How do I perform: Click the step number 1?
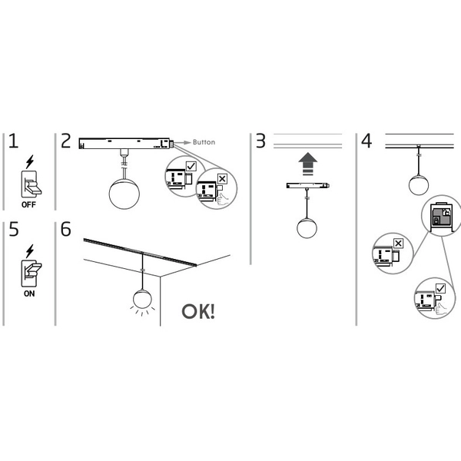tap(13, 142)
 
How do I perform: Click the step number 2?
tap(66, 142)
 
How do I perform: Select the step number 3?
tap(261, 142)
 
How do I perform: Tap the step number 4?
tap(366, 142)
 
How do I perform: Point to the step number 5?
tap(13, 229)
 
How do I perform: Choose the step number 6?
tap(66, 229)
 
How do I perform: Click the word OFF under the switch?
tap(28, 206)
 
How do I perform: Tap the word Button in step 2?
tap(204, 143)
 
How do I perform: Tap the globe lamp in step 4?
tap(418, 184)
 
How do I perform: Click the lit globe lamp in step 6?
tap(142, 299)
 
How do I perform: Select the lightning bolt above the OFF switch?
tap(29, 162)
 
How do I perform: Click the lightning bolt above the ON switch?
tap(29, 250)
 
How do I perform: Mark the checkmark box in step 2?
tap(191, 166)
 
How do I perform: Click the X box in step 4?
tap(398, 244)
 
